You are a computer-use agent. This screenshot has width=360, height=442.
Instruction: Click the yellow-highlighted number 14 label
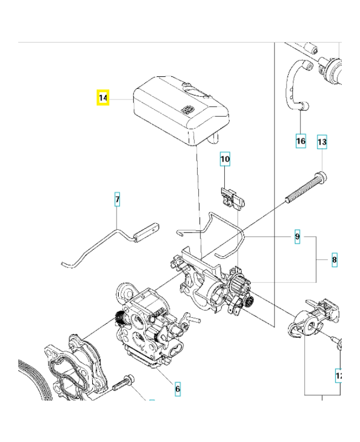coord(103,98)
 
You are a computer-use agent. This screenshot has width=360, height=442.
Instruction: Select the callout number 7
coord(117,199)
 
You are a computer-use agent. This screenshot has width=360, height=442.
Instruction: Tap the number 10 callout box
coord(225,159)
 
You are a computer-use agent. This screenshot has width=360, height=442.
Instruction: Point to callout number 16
coord(300,141)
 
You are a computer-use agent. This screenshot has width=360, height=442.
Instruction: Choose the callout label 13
coord(322,142)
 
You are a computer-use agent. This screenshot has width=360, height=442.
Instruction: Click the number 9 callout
coord(297,237)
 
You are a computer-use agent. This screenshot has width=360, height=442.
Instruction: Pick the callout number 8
coord(334,259)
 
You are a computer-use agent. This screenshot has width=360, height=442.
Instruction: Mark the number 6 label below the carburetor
coord(177,389)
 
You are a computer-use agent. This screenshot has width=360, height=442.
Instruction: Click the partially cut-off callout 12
coord(339,376)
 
